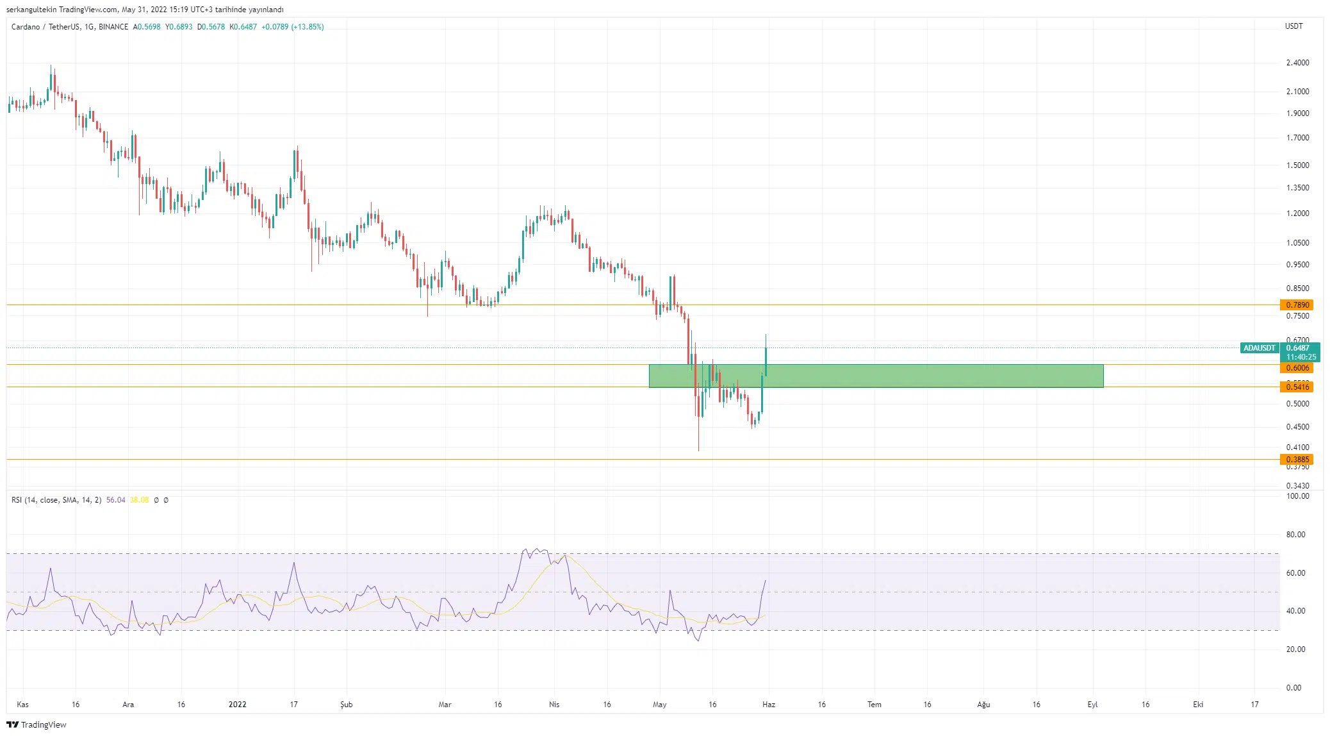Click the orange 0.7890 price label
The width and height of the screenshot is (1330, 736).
point(1297,305)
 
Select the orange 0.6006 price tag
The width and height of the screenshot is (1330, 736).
point(1297,368)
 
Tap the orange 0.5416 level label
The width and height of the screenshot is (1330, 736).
point(1297,387)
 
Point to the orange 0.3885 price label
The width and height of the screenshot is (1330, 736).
point(1297,460)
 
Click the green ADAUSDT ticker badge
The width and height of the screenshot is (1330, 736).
point(1259,348)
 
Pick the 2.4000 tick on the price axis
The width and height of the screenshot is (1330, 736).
point(1297,63)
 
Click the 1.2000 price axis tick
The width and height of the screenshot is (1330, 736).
point(1297,213)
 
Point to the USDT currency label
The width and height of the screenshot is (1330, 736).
point(1293,26)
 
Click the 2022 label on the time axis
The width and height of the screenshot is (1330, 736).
point(237,705)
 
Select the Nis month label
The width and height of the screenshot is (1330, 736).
point(554,705)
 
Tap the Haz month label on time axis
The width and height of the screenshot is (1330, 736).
point(769,705)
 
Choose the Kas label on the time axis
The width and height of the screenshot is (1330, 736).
point(22,705)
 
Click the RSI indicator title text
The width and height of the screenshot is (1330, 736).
point(56,500)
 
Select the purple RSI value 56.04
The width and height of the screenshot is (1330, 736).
point(116,500)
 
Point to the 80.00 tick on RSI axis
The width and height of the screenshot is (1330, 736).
point(1295,535)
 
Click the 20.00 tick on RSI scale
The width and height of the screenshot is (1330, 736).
point(1295,649)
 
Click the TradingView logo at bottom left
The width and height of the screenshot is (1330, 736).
point(37,725)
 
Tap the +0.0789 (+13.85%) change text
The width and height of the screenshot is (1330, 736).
point(292,27)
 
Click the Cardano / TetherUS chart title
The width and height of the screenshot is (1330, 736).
point(70,27)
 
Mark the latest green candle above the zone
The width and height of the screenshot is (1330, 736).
point(766,360)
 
